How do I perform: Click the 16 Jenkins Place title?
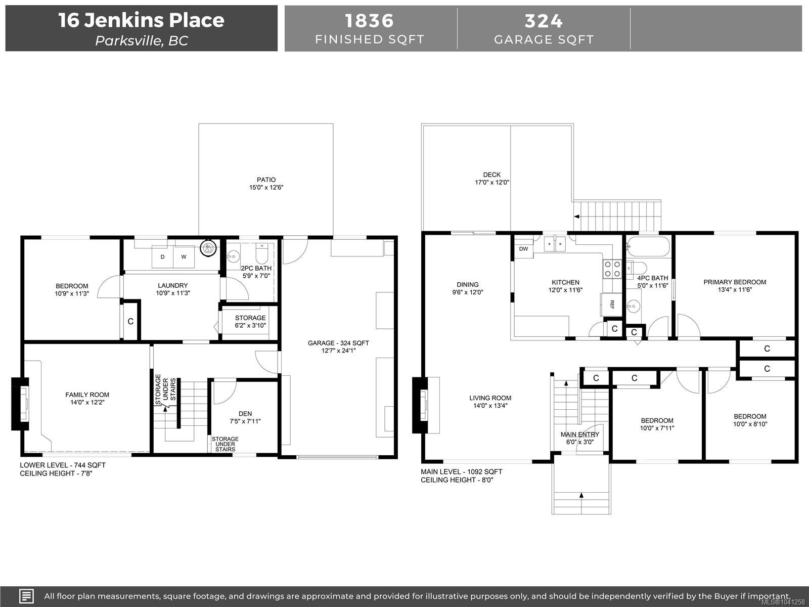click(x=141, y=20)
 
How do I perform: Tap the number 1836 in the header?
click(x=369, y=21)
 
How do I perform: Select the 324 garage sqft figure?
click(x=544, y=21)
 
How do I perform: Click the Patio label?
click(x=266, y=180)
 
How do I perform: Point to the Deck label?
click(x=491, y=175)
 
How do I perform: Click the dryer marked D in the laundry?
click(x=162, y=256)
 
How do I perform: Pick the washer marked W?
click(x=184, y=256)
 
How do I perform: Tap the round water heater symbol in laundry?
click(x=208, y=248)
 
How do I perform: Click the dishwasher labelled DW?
click(x=524, y=249)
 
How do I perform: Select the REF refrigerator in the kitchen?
click(x=611, y=305)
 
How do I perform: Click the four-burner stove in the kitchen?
click(x=612, y=269)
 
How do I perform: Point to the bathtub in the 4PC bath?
click(x=648, y=246)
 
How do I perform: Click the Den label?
click(x=245, y=413)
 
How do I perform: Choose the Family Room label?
click(x=87, y=395)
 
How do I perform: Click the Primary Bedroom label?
click(x=735, y=282)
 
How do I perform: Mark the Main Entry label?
click(x=580, y=434)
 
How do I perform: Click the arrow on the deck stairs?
click(x=577, y=216)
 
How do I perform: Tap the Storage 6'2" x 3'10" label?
click(x=250, y=321)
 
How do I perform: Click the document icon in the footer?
click(x=26, y=596)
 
